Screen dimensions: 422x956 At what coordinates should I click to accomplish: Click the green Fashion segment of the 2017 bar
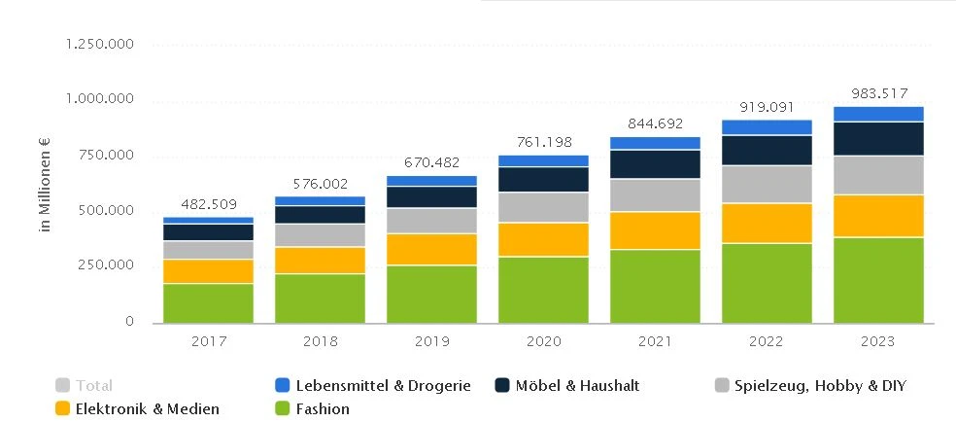tap(209, 302)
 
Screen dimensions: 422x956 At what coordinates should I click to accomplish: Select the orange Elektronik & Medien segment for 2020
tap(543, 239)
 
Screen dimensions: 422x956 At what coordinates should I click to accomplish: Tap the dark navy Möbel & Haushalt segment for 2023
tap(878, 138)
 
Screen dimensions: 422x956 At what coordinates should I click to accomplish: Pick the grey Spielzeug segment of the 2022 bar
tap(767, 184)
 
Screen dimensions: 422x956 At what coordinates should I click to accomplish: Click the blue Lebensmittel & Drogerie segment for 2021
tap(655, 143)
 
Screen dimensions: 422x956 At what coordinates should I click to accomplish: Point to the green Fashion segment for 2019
tap(431, 294)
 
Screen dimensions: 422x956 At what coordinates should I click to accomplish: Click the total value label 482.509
tap(209, 204)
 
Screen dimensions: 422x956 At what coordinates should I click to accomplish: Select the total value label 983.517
tap(878, 93)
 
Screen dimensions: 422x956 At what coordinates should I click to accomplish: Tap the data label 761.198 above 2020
tap(543, 142)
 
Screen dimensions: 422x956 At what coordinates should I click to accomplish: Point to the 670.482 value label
tap(431, 162)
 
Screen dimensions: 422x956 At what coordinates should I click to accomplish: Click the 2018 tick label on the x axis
tap(320, 341)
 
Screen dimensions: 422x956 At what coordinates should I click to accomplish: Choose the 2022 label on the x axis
tap(767, 341)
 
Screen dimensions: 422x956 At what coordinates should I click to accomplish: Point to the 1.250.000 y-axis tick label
tap(98, 45)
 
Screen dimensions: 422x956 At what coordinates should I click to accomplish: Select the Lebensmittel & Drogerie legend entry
tap(373, 385)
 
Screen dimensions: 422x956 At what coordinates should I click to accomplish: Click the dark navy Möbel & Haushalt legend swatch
tap(502, 385)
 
